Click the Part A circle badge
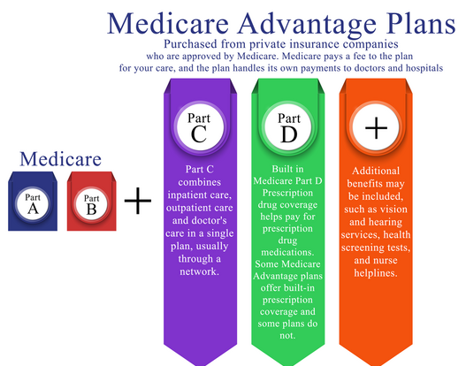tap(33, 204)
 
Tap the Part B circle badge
tap(92, 205)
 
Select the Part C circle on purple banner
tap(200, 127)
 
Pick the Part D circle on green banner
tap(287, 127)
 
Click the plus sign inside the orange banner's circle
tap(376, 127)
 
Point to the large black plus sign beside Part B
tap(138, 201)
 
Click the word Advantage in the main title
tap(307, 25)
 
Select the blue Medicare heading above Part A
tap(61, 159)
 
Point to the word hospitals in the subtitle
tap(424, 68)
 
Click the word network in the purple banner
tap(200, 271)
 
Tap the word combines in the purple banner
tap(200, 182)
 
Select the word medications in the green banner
tap(287, 252)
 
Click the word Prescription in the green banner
tap(287, 193)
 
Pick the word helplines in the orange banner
tap(376, 273)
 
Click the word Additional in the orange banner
tap(376, 171)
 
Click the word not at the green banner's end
tap(287, 336)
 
